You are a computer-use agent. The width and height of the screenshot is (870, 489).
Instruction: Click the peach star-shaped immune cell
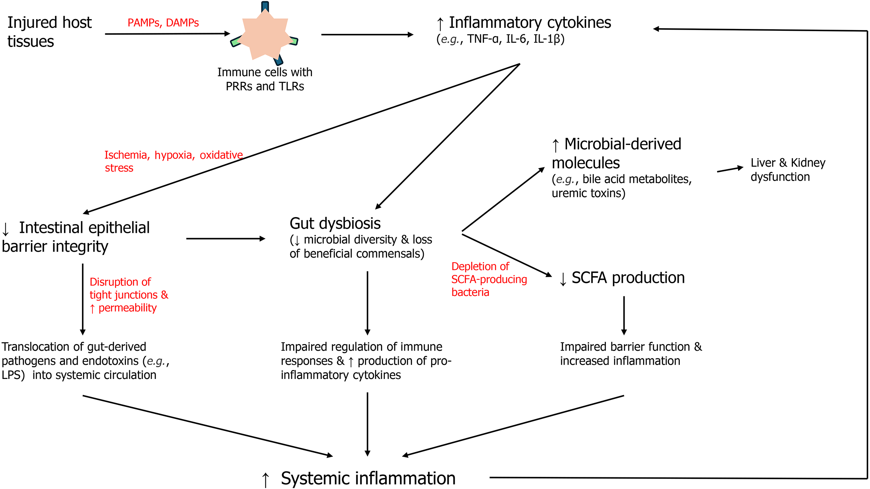(x=265, y=35)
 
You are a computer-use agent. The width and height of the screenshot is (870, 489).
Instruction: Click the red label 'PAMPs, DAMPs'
(x=163, y=23)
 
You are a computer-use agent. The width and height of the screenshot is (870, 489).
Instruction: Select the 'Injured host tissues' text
(x=49, y=32)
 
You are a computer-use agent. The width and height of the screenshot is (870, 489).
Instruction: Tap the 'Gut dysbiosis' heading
(x=335, y=223)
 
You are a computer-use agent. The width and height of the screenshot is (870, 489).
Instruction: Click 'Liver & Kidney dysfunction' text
(x=788, y=170)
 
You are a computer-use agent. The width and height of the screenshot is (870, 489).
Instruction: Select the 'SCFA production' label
(x=628, y=278)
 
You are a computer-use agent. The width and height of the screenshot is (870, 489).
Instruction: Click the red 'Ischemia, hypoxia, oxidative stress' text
(x=173, y=161)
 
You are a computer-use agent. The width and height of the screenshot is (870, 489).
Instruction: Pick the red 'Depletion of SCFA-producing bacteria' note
(x=489, y=279)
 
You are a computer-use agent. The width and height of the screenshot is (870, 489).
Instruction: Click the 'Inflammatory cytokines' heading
(x=530, y=23)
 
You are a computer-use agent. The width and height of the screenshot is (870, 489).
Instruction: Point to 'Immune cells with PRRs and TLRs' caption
(x=265, y=79)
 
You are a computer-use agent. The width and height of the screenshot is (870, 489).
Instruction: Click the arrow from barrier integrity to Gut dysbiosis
(x=225, y=238)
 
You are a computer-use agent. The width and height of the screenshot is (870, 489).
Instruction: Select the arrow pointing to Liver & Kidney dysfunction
(x=730, y=169)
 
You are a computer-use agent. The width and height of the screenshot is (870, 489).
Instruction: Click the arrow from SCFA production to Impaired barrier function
(x=624, y=315)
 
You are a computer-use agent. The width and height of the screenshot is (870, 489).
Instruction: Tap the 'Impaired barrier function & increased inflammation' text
(x=631, y=354)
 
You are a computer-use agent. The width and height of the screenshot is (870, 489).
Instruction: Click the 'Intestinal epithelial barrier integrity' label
(x=76, y=237)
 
